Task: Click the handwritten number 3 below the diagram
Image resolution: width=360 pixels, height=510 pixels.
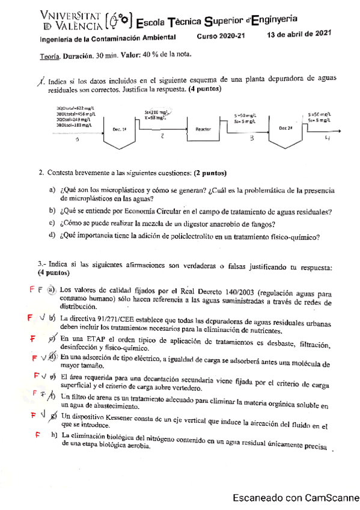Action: (252, 139)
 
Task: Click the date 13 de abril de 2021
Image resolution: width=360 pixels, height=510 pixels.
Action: (299, 34)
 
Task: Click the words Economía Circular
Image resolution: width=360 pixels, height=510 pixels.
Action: (158, 211)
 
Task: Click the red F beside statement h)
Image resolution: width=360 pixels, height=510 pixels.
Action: (37, 434)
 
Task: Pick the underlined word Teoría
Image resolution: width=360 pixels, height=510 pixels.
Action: (49, 55)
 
